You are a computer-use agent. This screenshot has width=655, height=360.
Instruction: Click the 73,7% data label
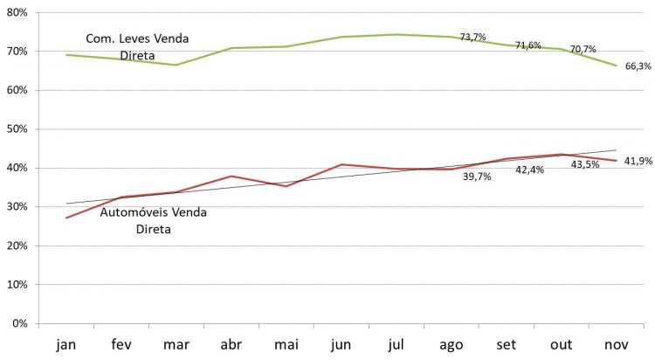tap(472, 37)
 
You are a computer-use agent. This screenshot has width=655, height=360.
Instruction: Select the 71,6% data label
tap(528, 45)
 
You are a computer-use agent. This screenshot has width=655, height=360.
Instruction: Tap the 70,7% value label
tap(583, 50)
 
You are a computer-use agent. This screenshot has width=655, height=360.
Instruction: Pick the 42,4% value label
tap(529, 170)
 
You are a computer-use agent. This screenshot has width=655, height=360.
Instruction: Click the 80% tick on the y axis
tap(17, 13)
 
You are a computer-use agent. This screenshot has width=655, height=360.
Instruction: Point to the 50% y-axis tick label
tap(17, 129)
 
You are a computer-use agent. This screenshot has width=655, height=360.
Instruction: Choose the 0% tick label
tap(20, 324)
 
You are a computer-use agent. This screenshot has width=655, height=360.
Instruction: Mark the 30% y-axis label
tap(17, 207)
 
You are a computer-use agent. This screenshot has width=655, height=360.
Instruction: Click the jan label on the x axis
tap(66, 344)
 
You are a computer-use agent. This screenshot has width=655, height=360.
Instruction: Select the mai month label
tap(287, 344)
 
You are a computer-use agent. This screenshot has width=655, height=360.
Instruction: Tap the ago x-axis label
tap(452, 344)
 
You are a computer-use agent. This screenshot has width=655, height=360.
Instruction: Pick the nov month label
tap(617, 344)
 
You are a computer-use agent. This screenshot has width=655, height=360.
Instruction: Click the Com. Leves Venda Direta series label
tap(137, 46)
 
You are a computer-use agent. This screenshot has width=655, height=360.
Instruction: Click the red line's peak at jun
tap(341, 164)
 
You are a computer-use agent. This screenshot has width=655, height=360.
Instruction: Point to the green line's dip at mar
tap(176, 65)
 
